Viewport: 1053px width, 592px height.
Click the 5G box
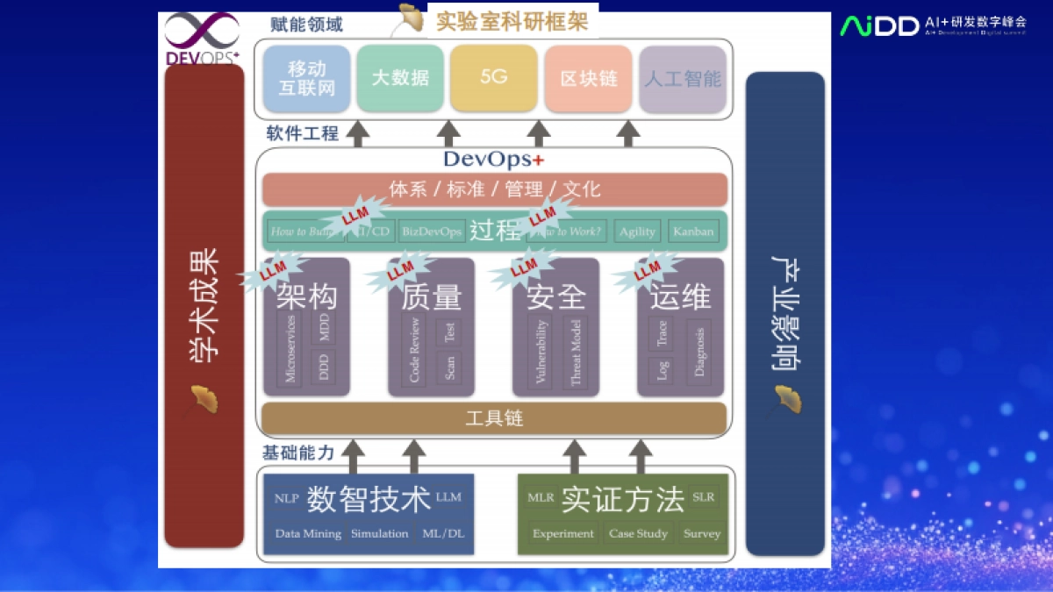494,77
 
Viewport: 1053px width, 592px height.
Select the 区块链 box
588,78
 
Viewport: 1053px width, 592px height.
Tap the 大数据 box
400,77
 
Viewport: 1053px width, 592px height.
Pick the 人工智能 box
683,79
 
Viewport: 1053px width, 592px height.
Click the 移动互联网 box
306,78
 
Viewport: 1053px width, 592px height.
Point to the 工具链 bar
494,418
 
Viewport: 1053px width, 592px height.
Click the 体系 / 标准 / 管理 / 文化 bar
494,189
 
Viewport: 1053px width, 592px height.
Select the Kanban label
693,232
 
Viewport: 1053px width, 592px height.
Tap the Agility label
637,232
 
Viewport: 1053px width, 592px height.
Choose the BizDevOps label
431,232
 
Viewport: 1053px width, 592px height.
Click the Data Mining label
308,533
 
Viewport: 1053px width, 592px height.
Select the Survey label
702,533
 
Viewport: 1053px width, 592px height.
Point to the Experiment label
563,533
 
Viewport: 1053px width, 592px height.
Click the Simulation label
379,533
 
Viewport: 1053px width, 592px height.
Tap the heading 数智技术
368,499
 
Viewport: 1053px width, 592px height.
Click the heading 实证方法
622,499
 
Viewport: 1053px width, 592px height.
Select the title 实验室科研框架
512,21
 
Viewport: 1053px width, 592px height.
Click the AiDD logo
879,25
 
